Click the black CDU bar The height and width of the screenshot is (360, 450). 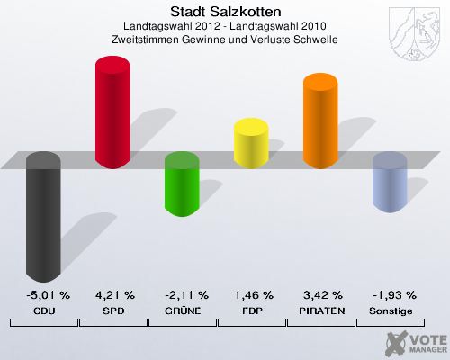[x=43, y=216]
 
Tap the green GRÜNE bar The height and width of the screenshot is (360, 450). [x=183, y=184]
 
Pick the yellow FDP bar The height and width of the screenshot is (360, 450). [x=252, y=144]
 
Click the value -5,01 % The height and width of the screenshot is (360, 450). [x=43, y=294]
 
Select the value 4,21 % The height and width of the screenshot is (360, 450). [x=114, y=294]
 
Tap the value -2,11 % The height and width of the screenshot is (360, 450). [x=183, y=294]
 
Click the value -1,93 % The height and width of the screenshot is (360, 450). [x=391, y=294]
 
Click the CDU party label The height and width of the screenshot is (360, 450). [x=43, y=310]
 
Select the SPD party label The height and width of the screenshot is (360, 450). [x=114, y=310]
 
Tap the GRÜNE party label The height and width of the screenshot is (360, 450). [x=183, y=310]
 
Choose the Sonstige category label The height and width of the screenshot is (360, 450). [x=391, y=310]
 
